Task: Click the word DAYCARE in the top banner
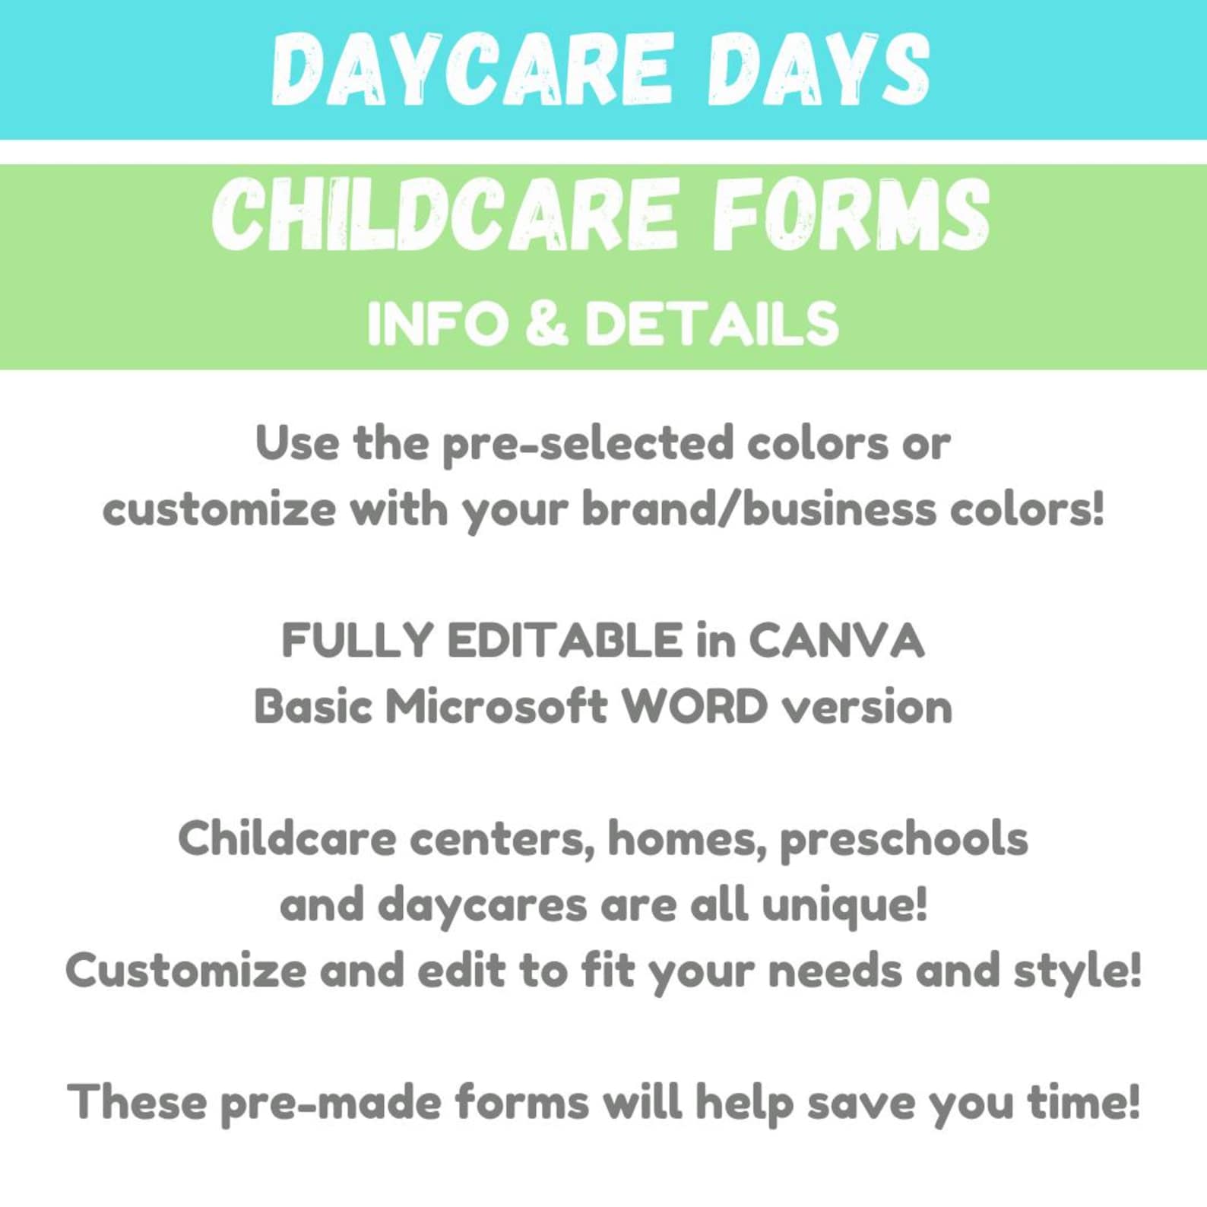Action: (471, 70)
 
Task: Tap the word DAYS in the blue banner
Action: (819, 70)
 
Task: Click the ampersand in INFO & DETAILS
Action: (546, 322)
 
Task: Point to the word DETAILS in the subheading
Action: (711, 324)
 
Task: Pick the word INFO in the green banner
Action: (437, 324)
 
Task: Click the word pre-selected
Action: (588, 444)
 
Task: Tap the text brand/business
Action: (759, 509)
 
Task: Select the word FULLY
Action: (357, 640)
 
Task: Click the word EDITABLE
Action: (565, 640)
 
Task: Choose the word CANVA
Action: (836, 640)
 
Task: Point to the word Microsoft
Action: (496, 707)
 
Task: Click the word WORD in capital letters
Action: (695, 707)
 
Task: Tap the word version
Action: (867, 707)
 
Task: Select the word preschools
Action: (904, 840)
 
